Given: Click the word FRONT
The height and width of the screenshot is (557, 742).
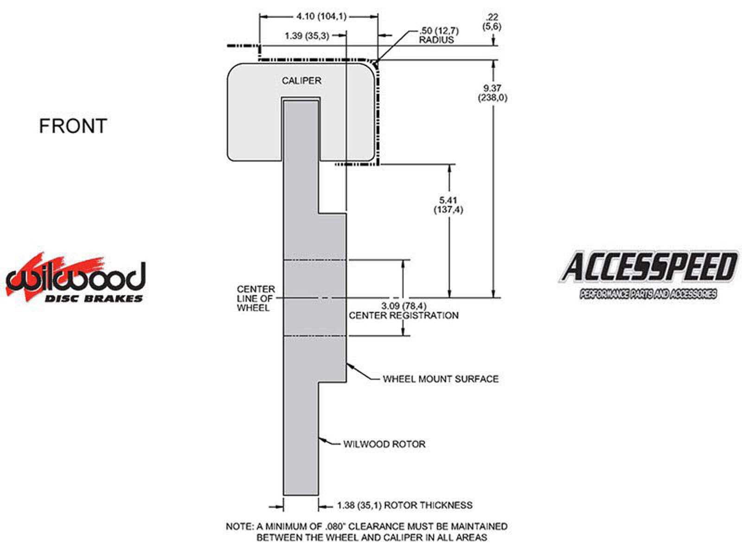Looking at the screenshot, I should click(x=73, y=126).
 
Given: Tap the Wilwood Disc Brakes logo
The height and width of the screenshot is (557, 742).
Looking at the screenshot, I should click(x=76, y=279).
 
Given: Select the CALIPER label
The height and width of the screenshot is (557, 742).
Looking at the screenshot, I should click(x=301, y=81).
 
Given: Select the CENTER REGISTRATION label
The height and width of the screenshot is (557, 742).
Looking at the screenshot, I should click(x=403, y=316).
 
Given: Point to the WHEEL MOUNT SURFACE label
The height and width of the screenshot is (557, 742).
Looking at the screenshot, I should click(x=441, y=379).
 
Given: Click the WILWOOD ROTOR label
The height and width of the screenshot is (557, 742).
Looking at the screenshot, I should click(x=384, y=444).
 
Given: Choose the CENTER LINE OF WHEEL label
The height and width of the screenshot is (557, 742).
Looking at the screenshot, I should click(x=256, y=298).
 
